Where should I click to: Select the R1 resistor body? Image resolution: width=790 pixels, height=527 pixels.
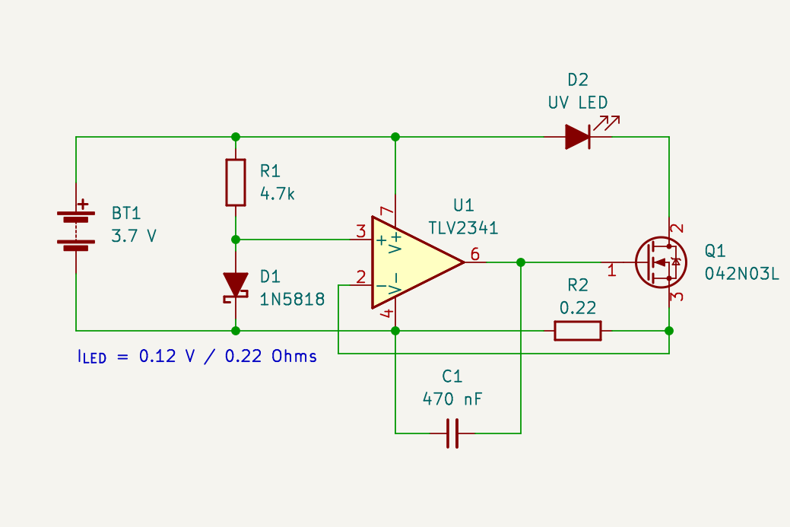pyautogui.click(x=236, y=183)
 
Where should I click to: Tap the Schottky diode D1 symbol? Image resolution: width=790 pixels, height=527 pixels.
pyautogui.click(x=236, y=286)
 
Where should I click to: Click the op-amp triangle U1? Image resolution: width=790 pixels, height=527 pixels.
pyautogui.click(x=414, y=263)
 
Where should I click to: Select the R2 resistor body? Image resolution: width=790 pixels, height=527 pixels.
pyautogui.click(x=578, y=331)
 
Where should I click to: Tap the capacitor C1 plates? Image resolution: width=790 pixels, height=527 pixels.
pyautogui.click(x=452, y=433)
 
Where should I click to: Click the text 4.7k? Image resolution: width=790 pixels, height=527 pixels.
pyautogui.click(x=278, y=194)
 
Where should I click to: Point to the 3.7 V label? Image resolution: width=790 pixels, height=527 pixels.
pyautogui.click(x=134, y=236)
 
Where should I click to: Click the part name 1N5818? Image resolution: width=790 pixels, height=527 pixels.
pyautogui.click(x=292, y=300)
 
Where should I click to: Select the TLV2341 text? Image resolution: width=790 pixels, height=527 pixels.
pyautogui.click(x=463, y=228)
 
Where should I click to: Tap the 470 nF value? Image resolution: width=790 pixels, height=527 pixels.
pyautogui.click(x=452, y=399)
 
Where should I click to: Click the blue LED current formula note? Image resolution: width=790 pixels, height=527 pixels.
pyautogui.click(x=197, y=356)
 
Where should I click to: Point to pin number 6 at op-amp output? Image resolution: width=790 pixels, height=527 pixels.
pyautogui.click(x=475, y=255)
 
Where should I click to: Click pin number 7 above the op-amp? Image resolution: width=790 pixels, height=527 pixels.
pyautogui.click(x=386, y=212)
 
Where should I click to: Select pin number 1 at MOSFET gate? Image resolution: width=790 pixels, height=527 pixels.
pyautogui.click(x=611, y=269)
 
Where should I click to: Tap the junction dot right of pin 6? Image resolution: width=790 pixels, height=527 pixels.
pyautogui.click(x=521, y=262)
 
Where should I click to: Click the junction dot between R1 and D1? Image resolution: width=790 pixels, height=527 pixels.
pyautogui.click(x=236, y=240)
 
